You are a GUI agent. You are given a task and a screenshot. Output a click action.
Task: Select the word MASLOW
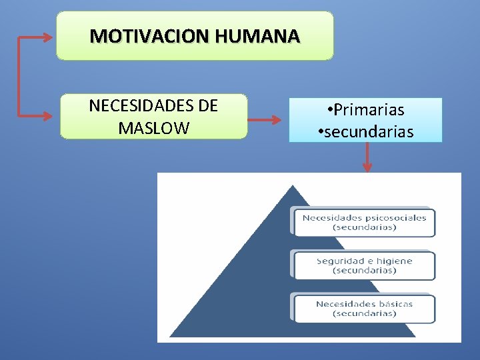click(x=153, y=128)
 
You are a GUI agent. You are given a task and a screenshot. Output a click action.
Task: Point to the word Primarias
click(x=370, y=110)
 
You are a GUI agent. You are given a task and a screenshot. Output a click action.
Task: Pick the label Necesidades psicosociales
click(x=364, y=217)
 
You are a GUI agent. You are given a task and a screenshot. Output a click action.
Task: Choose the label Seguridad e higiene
click(x=364, y=261)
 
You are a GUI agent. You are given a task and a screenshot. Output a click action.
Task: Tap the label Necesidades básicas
click(x=364, y=304)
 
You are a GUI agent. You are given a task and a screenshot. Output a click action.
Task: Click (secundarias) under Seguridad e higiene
click(x=364, y=271)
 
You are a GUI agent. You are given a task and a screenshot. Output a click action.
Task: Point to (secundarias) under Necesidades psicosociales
click(x=364, y=227)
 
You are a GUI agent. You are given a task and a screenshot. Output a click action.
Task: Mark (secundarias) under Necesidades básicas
click(x=364, y=313)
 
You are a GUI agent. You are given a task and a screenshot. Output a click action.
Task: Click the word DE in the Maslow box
click(x=208, y=107)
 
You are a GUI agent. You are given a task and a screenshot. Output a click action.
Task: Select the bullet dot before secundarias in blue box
click(x=321, y=132)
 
